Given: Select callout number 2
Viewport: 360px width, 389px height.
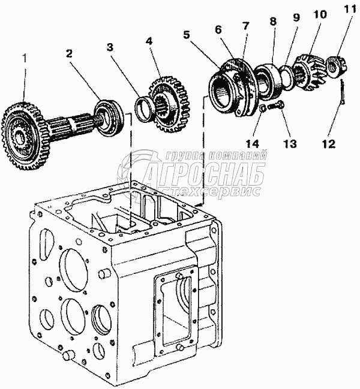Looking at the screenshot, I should coord(70,53).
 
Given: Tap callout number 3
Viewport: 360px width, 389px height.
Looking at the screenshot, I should coord(110,46).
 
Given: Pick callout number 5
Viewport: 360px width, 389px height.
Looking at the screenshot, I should coord(187,35).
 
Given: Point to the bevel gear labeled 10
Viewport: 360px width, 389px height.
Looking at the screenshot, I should coord(311,71).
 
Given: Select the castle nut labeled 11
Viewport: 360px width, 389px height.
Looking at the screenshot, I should coord(335,66).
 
